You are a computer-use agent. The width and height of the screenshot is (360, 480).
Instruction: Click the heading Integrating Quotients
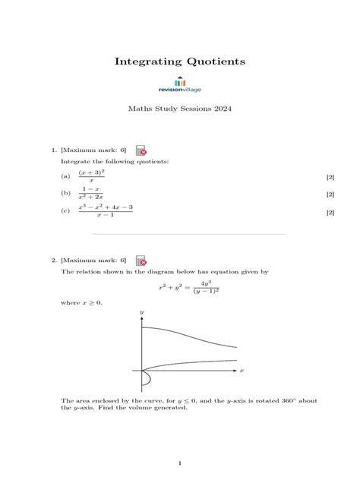(180, 61)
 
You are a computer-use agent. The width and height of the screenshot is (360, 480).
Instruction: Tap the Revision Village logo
(180, 86)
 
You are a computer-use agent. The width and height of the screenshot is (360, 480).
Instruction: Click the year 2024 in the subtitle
(223, 109)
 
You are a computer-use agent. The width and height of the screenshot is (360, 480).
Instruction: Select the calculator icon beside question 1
(141, 150)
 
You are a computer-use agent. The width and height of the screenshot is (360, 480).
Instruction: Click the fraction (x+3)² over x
(91, 176)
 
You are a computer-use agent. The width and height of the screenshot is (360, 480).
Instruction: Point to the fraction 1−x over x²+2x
(91, 194)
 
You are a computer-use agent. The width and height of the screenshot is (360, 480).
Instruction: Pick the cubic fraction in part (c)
(105, 213)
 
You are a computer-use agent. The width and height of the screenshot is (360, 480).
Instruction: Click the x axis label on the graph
(242, 371)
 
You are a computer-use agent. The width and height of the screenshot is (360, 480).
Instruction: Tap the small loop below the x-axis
(147, 377)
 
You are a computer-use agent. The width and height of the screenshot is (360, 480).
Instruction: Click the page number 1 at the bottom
(180, 462)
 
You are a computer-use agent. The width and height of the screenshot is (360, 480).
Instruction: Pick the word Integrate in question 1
(75, 162)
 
